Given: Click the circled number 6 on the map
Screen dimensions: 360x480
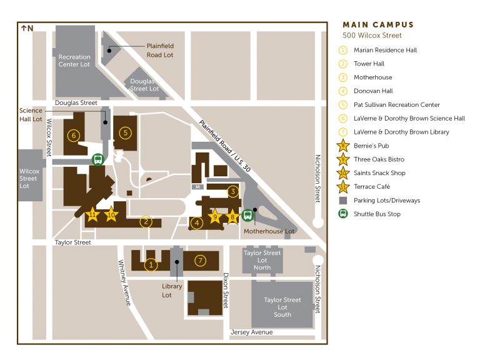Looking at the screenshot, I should [x=74, y=134].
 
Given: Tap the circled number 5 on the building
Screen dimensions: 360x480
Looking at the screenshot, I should [x=125, y=132].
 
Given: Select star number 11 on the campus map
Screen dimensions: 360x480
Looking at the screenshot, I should [x=93, y=214].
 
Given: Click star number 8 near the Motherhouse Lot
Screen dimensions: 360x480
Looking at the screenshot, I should [x=233, y=217].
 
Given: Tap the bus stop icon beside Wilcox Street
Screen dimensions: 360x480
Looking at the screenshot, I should [x=97, y=159].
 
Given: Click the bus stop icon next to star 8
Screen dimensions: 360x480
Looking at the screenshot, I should [x=247, y=216].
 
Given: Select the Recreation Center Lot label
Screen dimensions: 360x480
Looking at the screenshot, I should [x=74, y=61].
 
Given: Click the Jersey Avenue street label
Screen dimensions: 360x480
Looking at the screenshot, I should [x=252, y=332].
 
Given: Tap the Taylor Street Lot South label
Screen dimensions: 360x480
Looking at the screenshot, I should [x=282, y=307].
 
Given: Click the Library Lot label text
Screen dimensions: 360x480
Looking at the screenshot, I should [x=172, y=291].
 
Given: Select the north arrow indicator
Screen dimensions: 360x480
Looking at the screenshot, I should [x=27, y=28].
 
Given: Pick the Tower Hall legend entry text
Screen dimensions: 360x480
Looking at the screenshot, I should [x=369, y=64].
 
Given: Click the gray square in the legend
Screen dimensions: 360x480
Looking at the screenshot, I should [x=342, y=201].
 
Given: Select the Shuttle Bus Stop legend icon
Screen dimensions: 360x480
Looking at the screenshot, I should [x=342, y=214].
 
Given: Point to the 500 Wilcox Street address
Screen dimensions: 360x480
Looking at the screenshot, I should [x=372, y=36].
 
